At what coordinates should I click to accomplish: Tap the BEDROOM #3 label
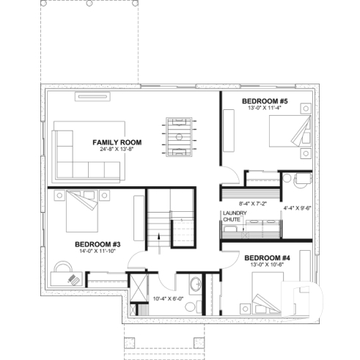[x=98, y=243]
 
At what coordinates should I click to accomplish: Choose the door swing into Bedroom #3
[x=135, y=260]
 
